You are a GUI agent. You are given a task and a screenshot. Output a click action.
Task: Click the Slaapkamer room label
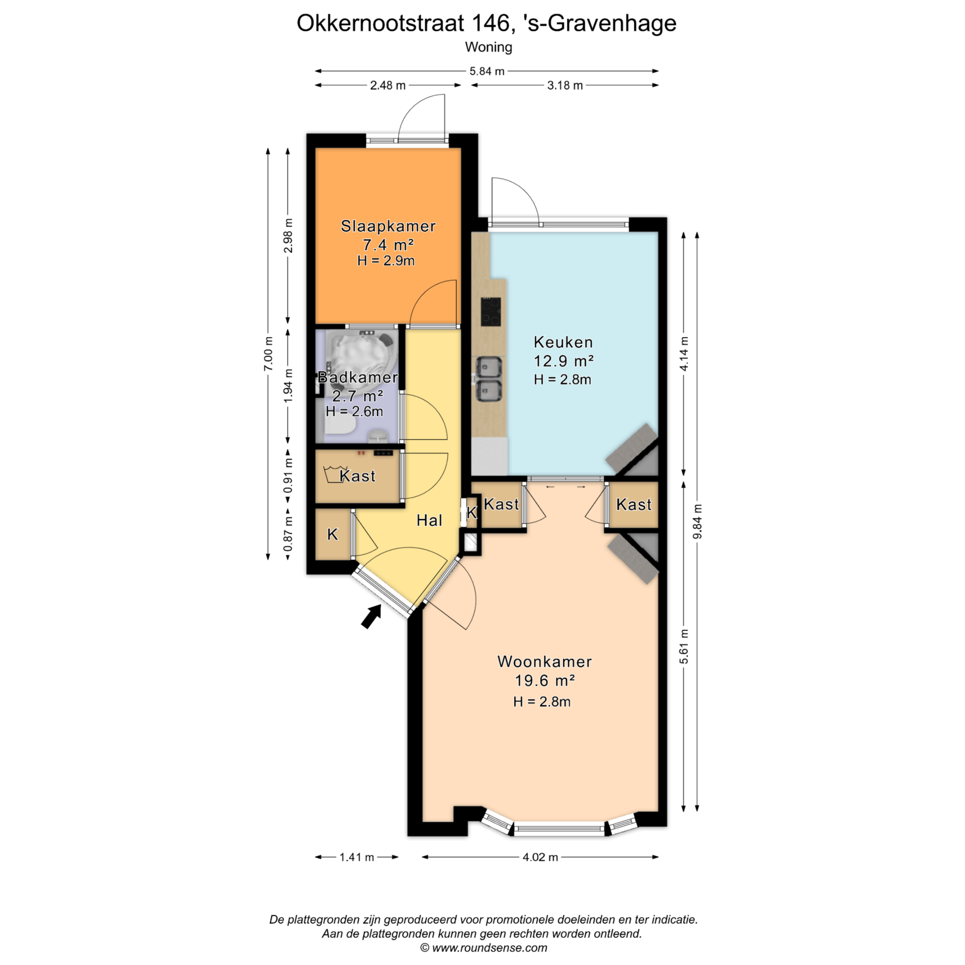point(388,226)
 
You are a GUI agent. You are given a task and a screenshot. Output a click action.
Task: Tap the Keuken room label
point(563,342)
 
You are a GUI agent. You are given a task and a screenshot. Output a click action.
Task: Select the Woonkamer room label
point(544,661)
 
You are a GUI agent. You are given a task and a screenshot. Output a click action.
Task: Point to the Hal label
point(429,520)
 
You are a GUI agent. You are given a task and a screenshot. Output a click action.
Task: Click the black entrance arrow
point(371,616)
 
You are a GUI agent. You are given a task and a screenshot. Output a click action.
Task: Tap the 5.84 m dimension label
point(487,71)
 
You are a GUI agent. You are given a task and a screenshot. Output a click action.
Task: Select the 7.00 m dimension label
point(268,353)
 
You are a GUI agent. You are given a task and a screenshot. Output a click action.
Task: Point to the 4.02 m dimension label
point(540,857)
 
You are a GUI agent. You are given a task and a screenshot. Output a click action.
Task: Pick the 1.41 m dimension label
point(357,857)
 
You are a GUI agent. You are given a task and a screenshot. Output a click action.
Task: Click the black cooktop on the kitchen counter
point(491,312)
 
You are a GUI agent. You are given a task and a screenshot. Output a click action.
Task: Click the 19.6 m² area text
point(544,681)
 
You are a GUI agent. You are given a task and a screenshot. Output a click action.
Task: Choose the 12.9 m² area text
point(563,361)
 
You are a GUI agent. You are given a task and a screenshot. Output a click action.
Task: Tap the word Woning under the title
point(489,47)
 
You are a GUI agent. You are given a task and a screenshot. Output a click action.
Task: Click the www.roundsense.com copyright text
point(484,948)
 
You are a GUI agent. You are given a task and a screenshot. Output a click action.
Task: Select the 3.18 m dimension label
point(565,85)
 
